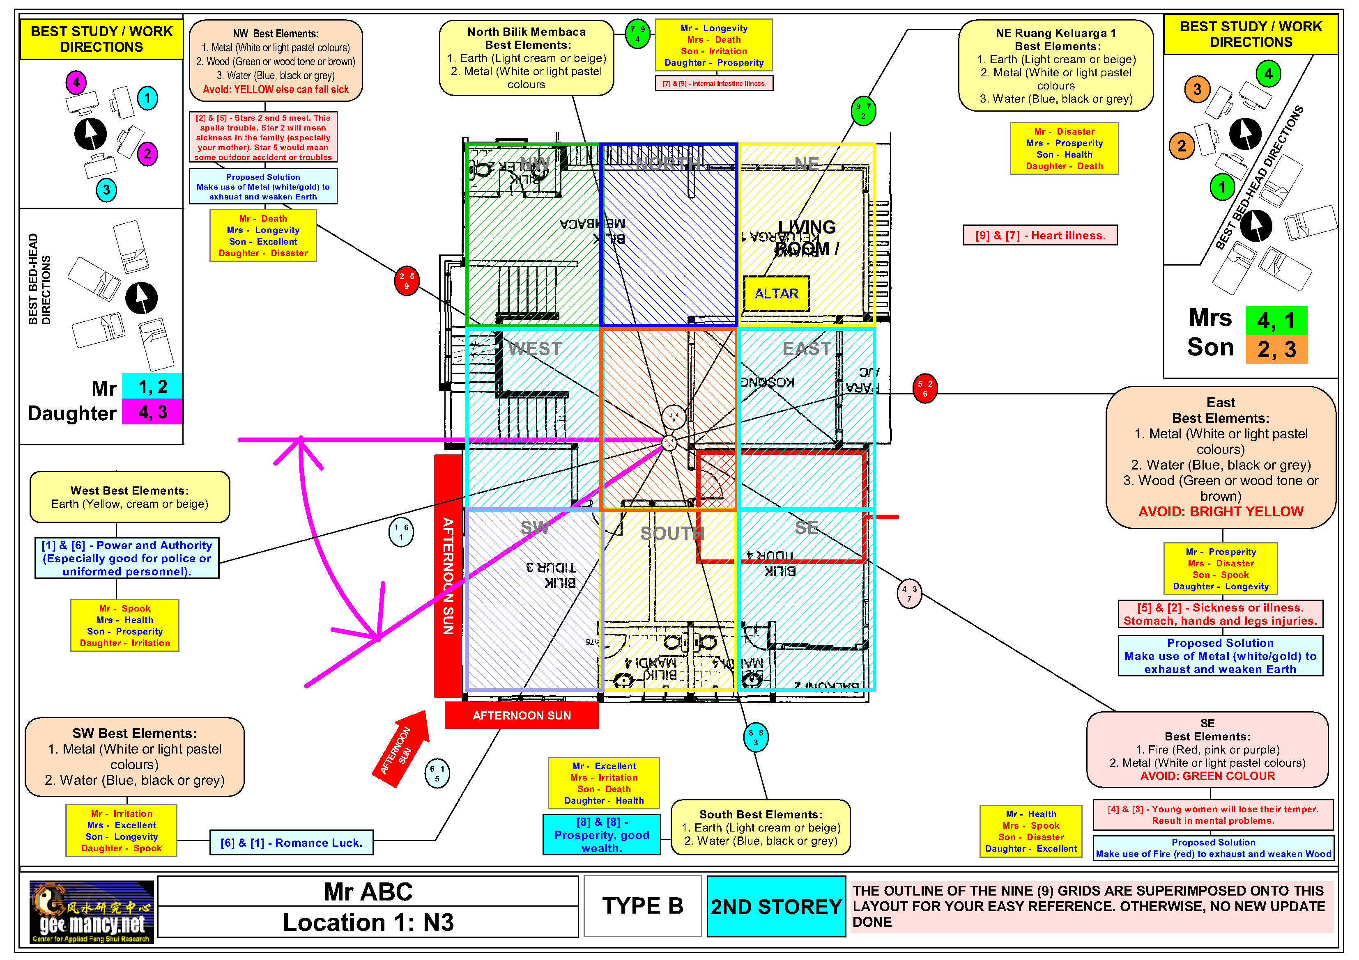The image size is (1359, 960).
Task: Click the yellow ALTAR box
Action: click(775, 293)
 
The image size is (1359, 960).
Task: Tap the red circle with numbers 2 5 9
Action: click(407, 281)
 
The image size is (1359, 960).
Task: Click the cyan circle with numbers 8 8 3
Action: click(756, 737)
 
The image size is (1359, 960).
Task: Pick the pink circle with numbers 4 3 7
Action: click(909, 593)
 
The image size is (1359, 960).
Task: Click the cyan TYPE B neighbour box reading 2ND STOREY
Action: click(776, 906)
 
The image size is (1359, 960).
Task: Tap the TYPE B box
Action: click(643, 906)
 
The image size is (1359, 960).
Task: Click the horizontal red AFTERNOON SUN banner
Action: click(522, 715)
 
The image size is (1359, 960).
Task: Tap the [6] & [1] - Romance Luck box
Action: click(291, 842)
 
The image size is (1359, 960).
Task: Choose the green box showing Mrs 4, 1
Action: click(1276, 320)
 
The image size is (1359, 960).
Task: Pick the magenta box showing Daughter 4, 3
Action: click(152, 412)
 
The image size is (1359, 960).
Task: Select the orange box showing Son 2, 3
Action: click(1276, 349)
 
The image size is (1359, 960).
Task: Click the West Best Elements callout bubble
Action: click(130, 497)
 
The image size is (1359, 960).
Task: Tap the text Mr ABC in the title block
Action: click(368, 891)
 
